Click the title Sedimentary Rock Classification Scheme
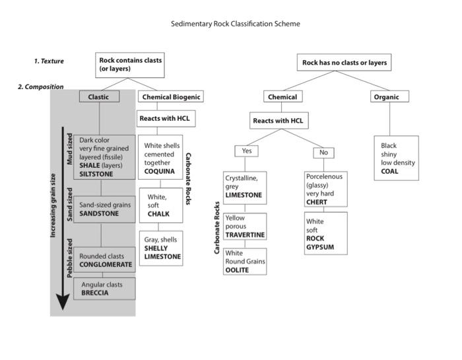point(236,24)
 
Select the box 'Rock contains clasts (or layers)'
point(129,65)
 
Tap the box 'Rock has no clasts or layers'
point(344,63)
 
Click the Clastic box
point(99,96)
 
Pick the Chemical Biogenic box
point(170,96)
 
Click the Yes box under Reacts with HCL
point(246,151)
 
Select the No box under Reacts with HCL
point(323,152)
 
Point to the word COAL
point(389,171)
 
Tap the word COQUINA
point(160,171)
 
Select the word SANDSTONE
point(98,214)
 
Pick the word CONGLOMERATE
point(106,264)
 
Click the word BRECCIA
point(95,291)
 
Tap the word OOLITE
point(238,270)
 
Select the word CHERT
point(317,202)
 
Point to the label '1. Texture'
point(49,61)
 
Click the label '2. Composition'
point(40,87)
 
